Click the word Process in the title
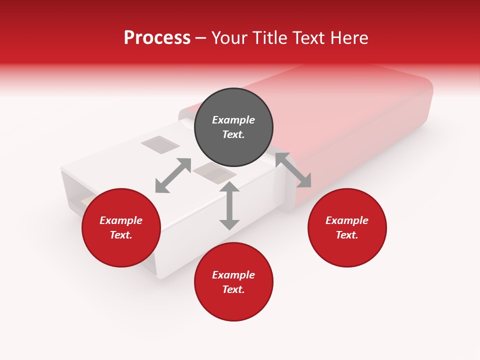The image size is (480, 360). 157,38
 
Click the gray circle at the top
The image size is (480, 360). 233,127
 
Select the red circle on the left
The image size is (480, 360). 121,227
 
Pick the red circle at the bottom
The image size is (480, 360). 233,282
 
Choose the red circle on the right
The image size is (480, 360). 347,227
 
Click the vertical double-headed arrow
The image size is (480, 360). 229,205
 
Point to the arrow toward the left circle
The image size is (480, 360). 173,175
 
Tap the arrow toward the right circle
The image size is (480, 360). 293,170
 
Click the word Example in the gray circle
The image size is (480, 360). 233,120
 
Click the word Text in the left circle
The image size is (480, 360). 120,235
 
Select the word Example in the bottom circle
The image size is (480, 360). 233,275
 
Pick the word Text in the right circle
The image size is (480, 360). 346,235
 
